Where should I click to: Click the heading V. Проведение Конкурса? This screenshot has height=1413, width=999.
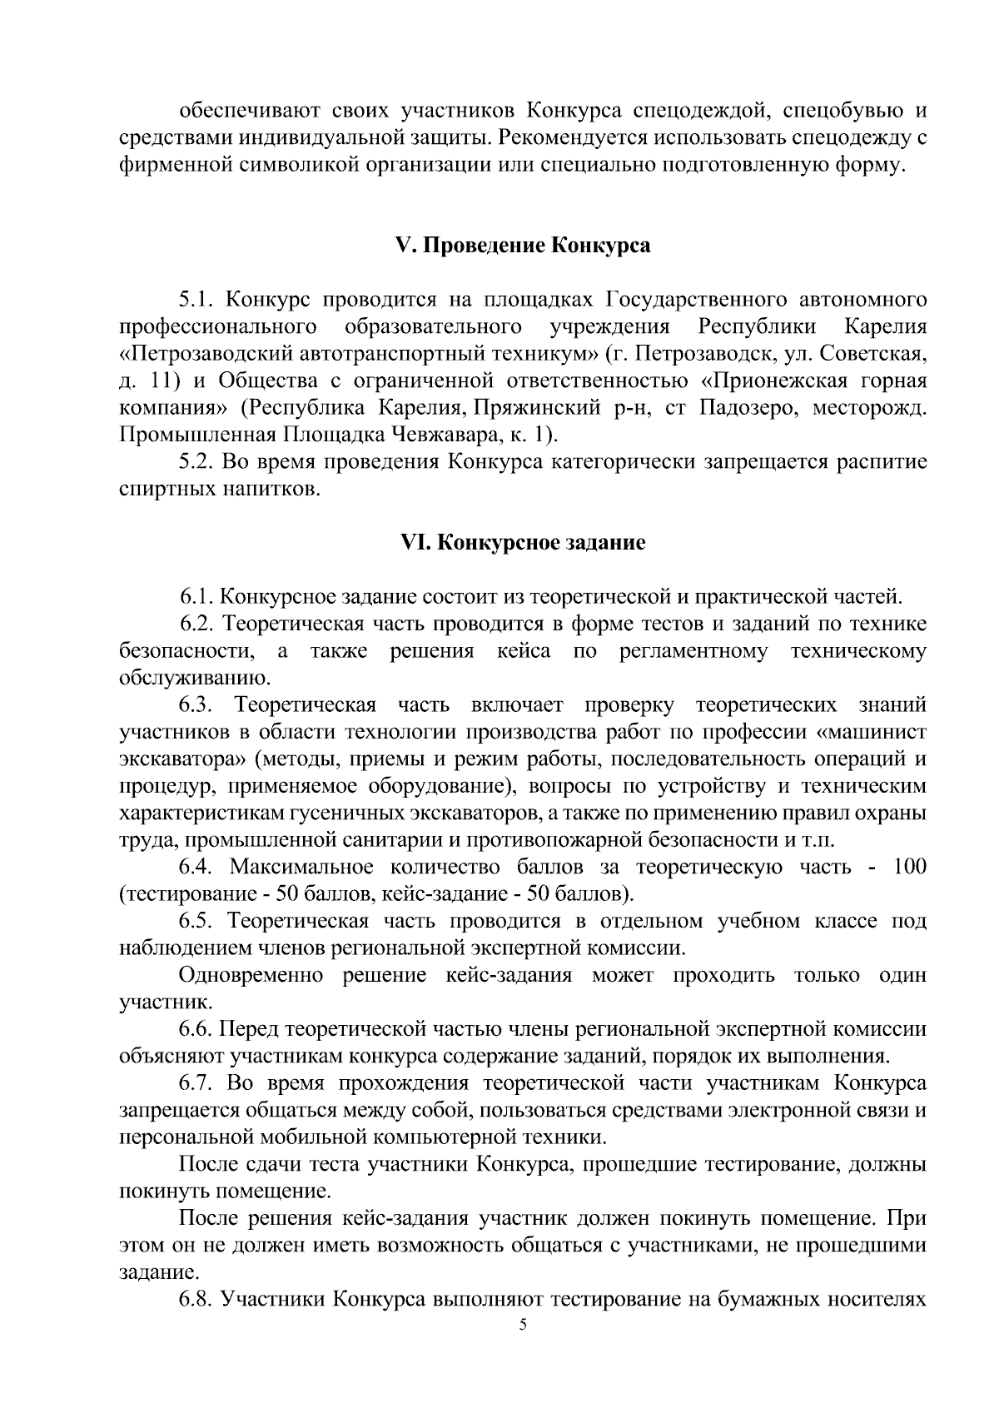click(522, 246)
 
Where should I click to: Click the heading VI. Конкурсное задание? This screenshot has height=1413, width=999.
click(523, 543)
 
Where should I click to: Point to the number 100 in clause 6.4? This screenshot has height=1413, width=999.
click(908, 868)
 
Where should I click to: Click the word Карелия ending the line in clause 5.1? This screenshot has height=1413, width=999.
click(885, 326)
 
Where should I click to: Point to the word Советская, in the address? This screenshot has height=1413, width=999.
click(875, 354)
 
